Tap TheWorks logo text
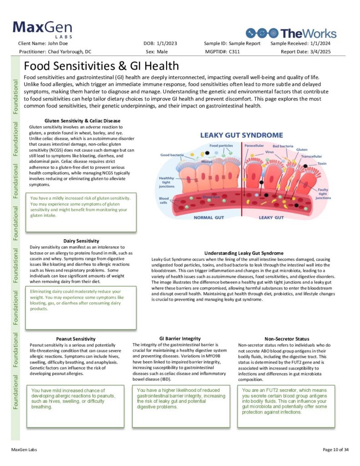click(x=308, y=33)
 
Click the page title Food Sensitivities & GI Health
click(x=101, y=66)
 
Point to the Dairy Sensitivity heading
click(x=81, y=241)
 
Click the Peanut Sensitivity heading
click(x=76, y=339)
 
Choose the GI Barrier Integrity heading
click(x=180, y=339)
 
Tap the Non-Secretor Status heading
click(x=287, y=339)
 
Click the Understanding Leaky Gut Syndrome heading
click(x=244, y=253)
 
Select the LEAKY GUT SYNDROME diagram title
click(x=242, y=135)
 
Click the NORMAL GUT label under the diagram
click(x=210, y=218)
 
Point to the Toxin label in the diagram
click(x=322, y=163)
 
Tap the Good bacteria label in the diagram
click(x=172, y=155)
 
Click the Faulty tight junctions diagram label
click(x=323, y=193)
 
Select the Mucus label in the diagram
click(x=207, y=162)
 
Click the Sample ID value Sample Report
click(x=244, y=43)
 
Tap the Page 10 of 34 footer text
click(x=336, y=450)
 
